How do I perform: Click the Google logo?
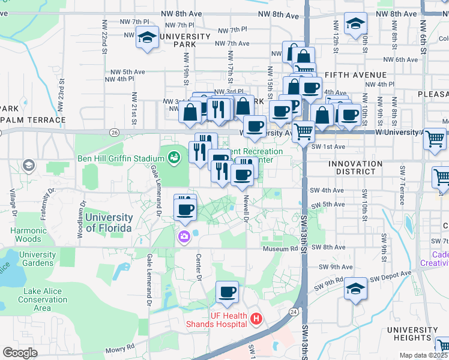(x=20, y=353)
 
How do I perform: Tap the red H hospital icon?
(x=256, y=318)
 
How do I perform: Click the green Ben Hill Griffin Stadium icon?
(x=174, y=158)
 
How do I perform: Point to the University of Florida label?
(x=109, y=223)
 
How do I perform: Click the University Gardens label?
(x=37, y=259)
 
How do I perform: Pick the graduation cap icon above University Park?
(x=146, y=37)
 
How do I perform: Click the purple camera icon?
(x=184, y=237)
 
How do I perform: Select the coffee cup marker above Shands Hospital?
(x=227, y=292)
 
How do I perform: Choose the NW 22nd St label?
(x=104, y=42)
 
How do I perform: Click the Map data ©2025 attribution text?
(x=424, y=355)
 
